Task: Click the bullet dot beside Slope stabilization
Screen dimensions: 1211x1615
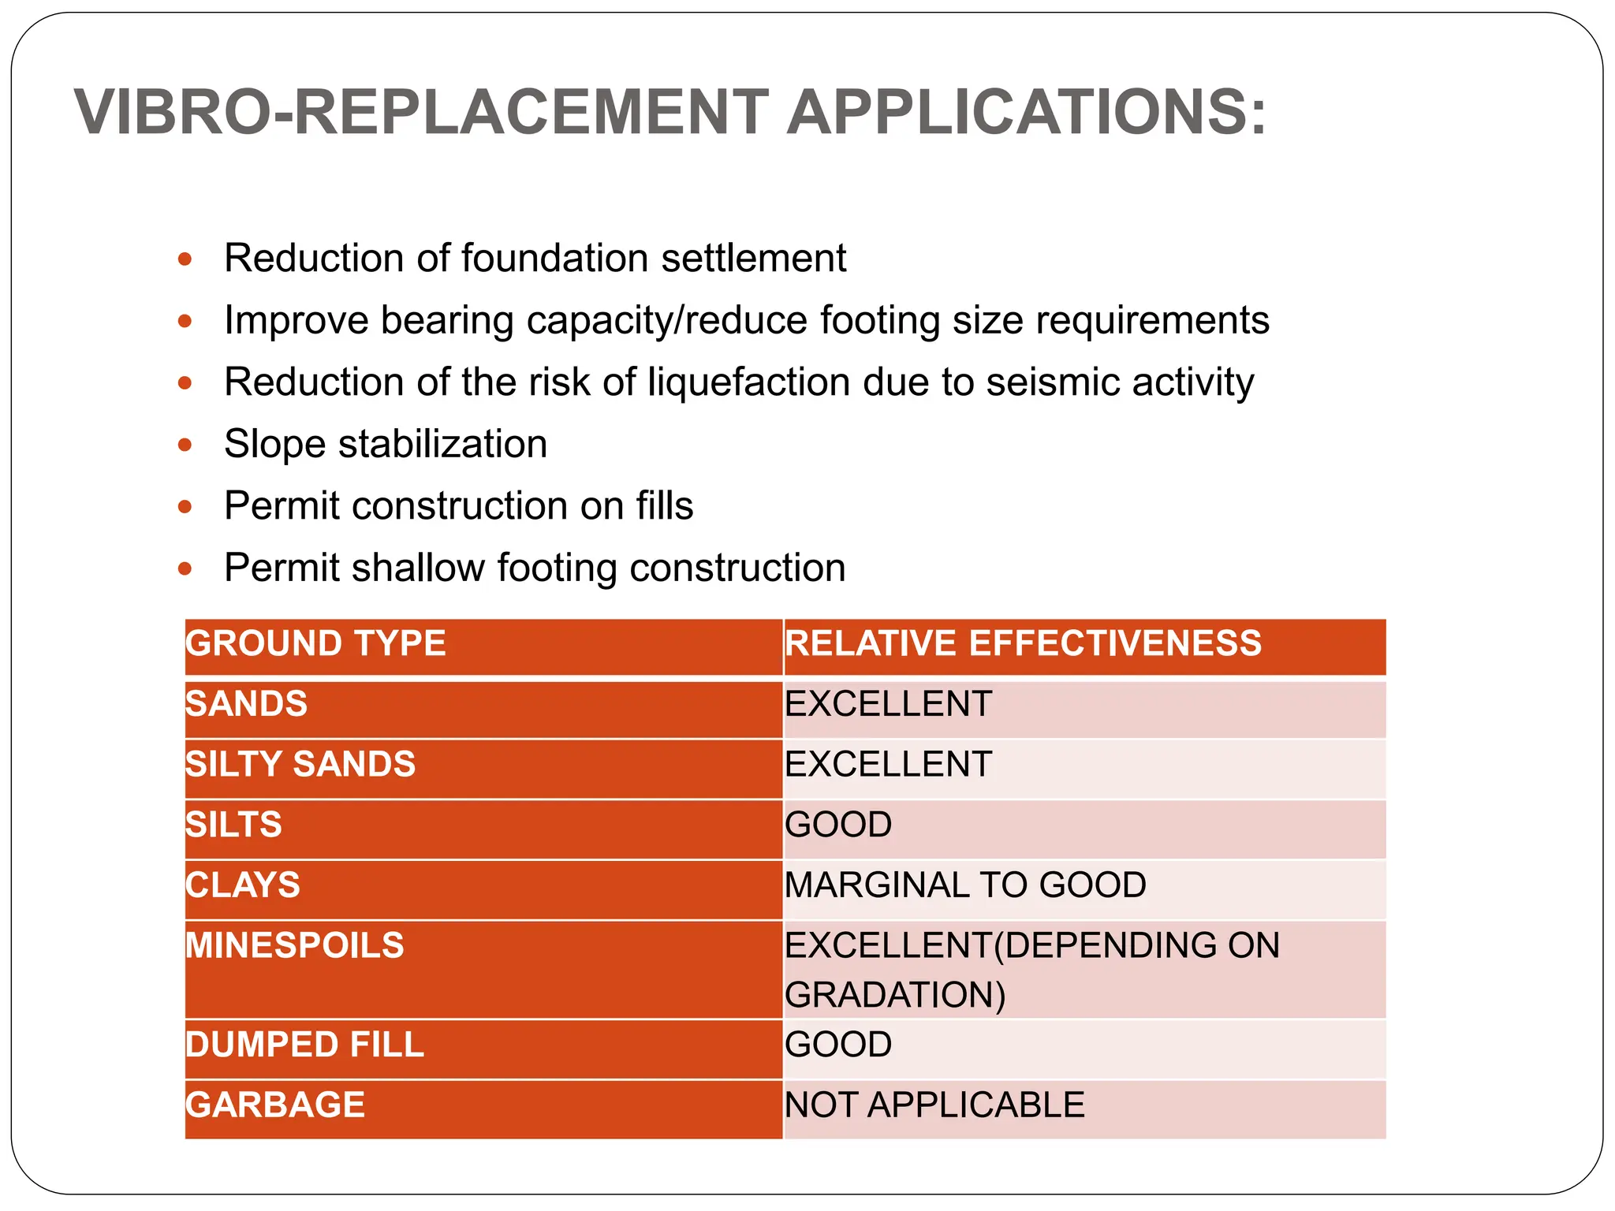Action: point(185,445)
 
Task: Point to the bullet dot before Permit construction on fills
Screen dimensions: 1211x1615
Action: point(185,506)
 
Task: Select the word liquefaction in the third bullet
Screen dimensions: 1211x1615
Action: point(749,382)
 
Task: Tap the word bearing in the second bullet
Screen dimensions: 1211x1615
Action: point(447,321)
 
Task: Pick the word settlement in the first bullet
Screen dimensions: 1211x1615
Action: point(753,259)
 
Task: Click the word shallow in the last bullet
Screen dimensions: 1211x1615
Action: point(418,568)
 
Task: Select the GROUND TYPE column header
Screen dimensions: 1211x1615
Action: point(316,643)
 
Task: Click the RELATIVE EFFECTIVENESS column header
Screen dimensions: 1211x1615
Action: point(1023,643)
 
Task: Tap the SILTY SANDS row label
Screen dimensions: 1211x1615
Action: point(300,764)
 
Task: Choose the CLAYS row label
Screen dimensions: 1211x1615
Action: point(243,885)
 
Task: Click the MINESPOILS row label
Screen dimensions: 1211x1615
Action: point(295,945)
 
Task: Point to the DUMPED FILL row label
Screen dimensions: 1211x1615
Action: point(305,1045)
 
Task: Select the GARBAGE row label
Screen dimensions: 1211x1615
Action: point(275,1105)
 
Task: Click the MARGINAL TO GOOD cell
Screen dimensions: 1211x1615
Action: point(965,885)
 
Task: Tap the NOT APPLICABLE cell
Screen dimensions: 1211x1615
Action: point(934,1105)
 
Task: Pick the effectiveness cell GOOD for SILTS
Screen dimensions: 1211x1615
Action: point(838,825)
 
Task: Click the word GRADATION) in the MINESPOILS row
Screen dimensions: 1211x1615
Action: point(895,995)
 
